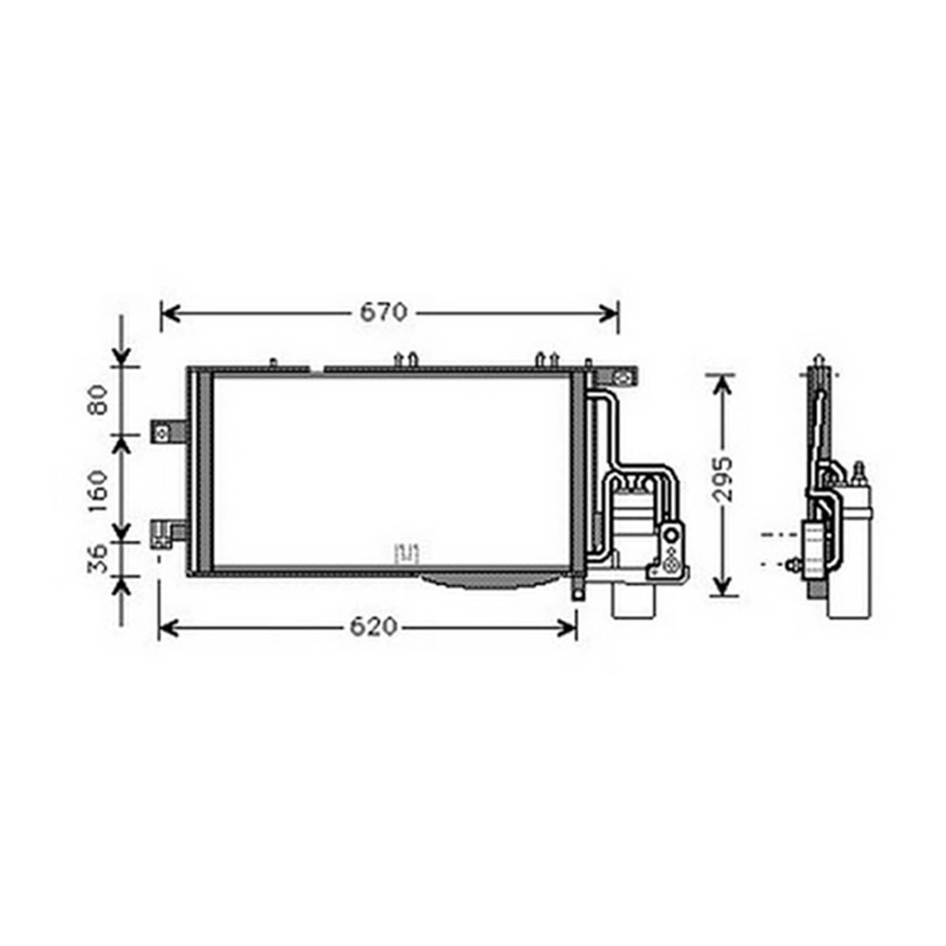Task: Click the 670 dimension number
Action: click(384, 313)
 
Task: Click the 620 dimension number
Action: click(374, 628)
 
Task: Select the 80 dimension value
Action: click(97, 400)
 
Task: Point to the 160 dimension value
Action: click(97, 492)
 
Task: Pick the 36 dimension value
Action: click(97, 558)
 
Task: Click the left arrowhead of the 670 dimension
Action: click(172, 313)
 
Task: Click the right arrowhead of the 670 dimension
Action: click(608, 313)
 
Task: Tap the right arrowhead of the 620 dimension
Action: click(567, 628)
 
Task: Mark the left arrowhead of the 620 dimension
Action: click(169, 628)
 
